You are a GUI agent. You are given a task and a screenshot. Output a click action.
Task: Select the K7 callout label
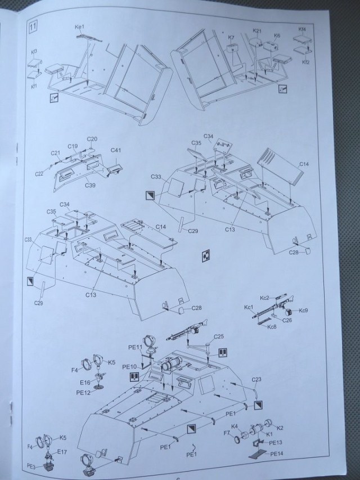pos(231,38)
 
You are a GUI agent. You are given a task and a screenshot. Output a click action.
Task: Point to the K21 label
pos(258,30)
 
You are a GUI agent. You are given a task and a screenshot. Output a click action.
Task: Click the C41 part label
pos(116,150)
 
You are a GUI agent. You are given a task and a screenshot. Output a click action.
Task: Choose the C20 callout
pos(92,139)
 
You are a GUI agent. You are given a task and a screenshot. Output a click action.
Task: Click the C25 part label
pos(219,336)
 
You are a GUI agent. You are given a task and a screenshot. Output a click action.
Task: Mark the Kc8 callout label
pos(272,327)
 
